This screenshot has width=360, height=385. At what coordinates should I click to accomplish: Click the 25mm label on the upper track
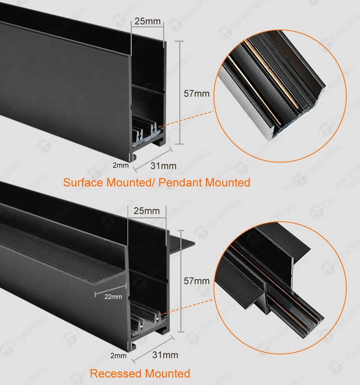(x=148, y=21)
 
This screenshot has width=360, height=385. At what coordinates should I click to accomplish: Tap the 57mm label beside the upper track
(x=197, y=94)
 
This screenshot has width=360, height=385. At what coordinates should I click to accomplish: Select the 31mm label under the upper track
(x=163, y=166)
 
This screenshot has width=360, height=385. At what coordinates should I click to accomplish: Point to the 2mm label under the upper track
(x=120, y=165)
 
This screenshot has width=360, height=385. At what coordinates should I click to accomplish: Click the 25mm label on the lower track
(x=147, y=211)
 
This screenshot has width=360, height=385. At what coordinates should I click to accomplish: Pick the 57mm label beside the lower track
(x=197, y=281)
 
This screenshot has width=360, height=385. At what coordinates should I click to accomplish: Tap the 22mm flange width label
(x=113, y=296)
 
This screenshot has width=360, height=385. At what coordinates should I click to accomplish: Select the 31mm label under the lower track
(x=165, y=355)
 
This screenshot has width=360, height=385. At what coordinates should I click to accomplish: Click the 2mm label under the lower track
(x=118, y=355)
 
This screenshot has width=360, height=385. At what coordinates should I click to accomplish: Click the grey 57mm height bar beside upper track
(x=180, y=92)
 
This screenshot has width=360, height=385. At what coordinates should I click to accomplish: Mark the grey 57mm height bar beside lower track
(x=181, y=281)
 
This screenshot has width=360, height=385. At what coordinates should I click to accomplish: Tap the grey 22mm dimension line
(x=111, y=290)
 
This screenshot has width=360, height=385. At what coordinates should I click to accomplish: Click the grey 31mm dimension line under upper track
(x=153, y=158)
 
